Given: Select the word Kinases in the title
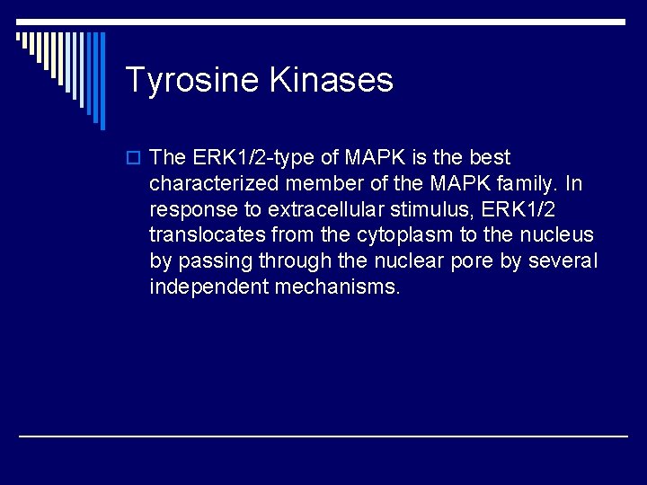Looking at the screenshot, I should click(331, 80).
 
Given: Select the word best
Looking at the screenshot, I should click(490, 158).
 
